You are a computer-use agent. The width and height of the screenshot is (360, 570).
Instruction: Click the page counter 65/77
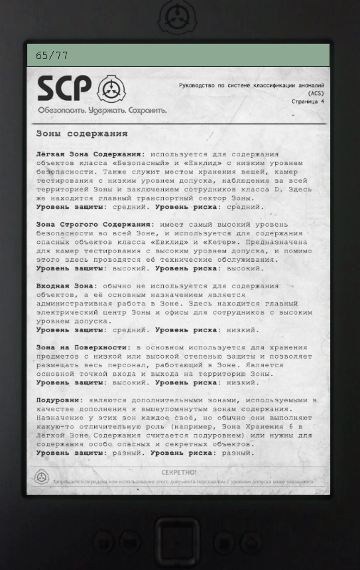pyautogui.click(x=52, y=56)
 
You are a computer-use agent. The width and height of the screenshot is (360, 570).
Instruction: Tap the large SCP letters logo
pyautogui.click(x=64, y=89)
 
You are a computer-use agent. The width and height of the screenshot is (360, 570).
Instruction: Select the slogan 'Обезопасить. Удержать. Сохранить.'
pyautogui.click(x=102, y=110)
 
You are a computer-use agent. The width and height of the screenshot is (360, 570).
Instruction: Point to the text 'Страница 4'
pyautogui.click(x=308, y=102)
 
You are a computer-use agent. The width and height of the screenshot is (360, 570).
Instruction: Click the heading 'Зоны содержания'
pyautogui.click(x=82, y=133)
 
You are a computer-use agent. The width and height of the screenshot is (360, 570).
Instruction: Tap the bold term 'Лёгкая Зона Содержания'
pyautogui.click(x=89, y=154)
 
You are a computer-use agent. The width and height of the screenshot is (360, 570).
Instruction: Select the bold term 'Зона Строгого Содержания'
pyautogui.click(x=93, y=225)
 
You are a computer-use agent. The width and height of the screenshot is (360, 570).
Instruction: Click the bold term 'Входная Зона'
pyautogui.click(x=66, y=286)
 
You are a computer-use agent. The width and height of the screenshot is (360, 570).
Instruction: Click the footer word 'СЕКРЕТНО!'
pyautogui.click(x=179, y=473)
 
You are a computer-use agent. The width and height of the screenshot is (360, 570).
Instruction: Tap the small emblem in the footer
pyautogui.click(x=42, y=477)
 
